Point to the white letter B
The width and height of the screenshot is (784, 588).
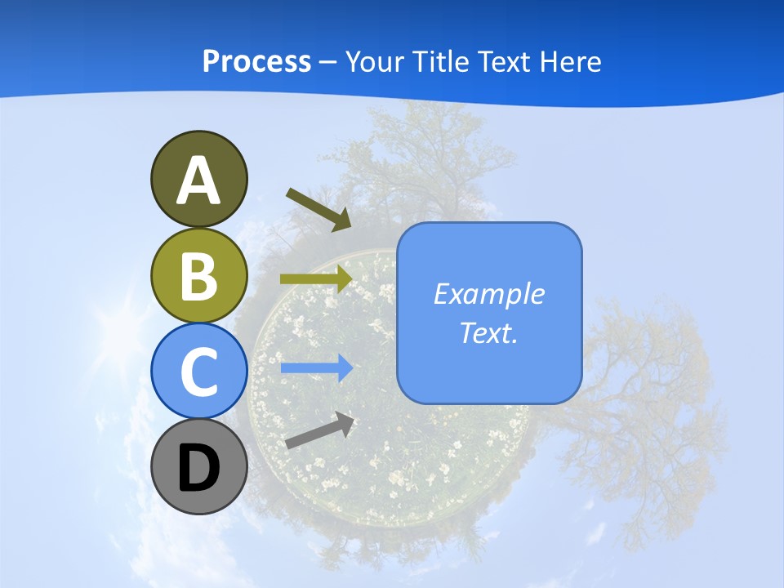[x=198, y=276]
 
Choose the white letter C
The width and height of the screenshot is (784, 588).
[x=198, y=372]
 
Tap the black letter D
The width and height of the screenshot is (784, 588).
[x=198, y=468]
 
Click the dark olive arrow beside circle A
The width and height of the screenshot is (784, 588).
[x=318, y=209]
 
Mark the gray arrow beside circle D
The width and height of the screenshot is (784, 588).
[x=319, y=430]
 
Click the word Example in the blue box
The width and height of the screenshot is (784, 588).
[x=488, y=294]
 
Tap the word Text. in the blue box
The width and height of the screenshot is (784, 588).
[x=488, y=332]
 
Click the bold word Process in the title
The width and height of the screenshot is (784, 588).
[x=256, y=61]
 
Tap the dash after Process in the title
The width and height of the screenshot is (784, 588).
[x=328, y=62]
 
